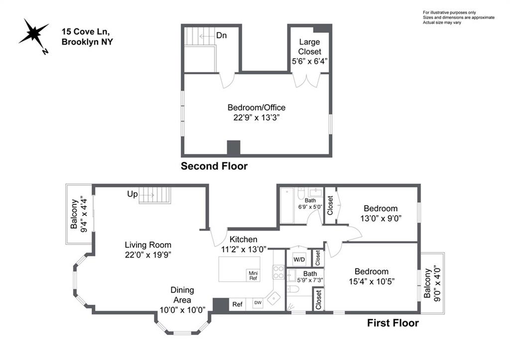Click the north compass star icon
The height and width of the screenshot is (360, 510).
point(33,35)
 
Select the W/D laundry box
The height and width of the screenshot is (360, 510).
point(299,259)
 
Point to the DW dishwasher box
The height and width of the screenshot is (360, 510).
point(257,303)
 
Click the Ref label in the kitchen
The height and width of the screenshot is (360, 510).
point(238,304)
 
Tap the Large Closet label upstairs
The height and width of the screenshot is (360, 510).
point(309,47)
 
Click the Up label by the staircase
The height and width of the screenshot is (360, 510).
point(132,195)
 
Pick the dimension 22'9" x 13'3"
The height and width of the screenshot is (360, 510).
point(256,118)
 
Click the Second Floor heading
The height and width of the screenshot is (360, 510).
point(214,166)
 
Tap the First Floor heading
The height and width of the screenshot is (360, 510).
point(393,323)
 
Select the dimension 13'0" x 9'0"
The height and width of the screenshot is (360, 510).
point(381,218)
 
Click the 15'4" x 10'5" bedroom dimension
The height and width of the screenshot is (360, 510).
point(372,281)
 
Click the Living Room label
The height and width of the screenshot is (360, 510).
point(148,244)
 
